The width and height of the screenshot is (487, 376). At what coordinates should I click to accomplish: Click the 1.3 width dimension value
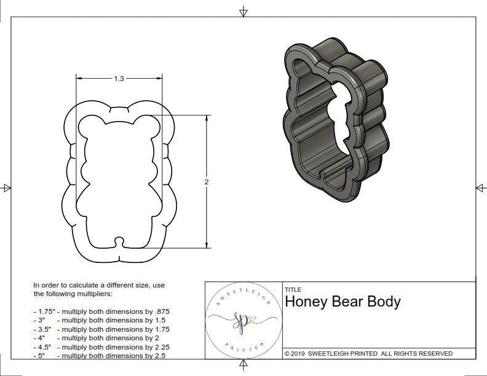119,79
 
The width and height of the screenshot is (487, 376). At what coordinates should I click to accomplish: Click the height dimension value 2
207,182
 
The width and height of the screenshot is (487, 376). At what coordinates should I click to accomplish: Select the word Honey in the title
307,302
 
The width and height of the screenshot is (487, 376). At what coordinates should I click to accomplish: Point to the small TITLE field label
293,289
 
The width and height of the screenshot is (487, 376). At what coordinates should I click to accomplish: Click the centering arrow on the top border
244,11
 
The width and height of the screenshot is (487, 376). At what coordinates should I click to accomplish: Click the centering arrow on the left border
7,188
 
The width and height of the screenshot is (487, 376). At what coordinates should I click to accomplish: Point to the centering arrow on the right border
480,188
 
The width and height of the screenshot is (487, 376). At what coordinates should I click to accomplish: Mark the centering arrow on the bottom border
244,366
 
